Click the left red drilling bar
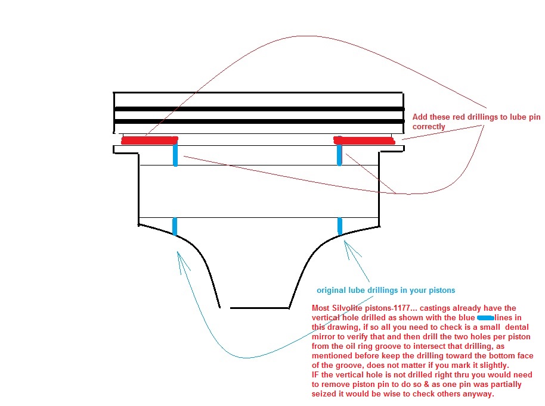(x=150, y=140)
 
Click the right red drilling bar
(x=364, y=140)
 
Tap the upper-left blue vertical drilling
(x=175, y=154)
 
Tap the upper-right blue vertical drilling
(x=340, y=154)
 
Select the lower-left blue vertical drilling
(x=175, y=227)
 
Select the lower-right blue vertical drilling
(x=340, y=226)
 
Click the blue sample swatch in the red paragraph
(x=485, y=318)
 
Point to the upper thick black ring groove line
(x=259, y=109)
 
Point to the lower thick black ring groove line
(x=259, y=121)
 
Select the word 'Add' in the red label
(x=420, y=117)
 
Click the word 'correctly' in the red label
(x=429, y=127)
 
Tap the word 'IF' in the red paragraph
(x=315, y=375)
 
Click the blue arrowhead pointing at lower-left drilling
(x=181, y=260)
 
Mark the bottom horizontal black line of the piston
(x=259, y=308)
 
